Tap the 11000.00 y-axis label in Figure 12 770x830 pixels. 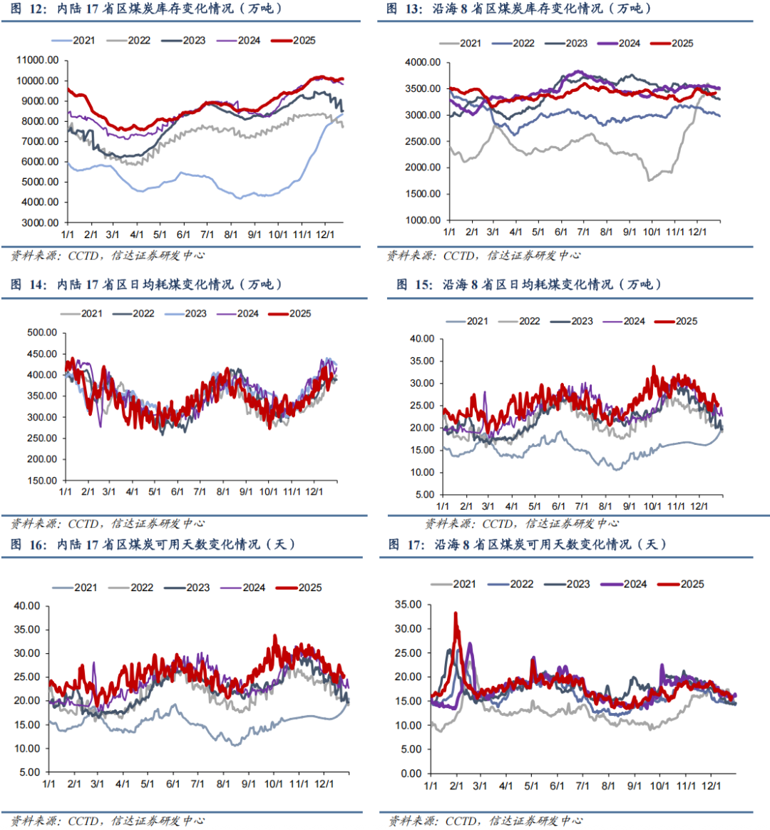tap(38, 61)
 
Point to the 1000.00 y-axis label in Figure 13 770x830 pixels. tap(423, 220)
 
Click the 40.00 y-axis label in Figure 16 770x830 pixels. tap(27, 606)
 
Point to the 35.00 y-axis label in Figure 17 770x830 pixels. tap(408, 605)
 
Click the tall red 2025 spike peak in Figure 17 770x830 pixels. tap(456, 614)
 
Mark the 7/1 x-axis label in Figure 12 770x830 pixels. tap(207, 235)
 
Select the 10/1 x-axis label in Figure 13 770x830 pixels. tap(652, 232)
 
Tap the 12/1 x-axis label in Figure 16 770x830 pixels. tap(324, 784)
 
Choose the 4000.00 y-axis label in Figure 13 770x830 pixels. tap(423, 63)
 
